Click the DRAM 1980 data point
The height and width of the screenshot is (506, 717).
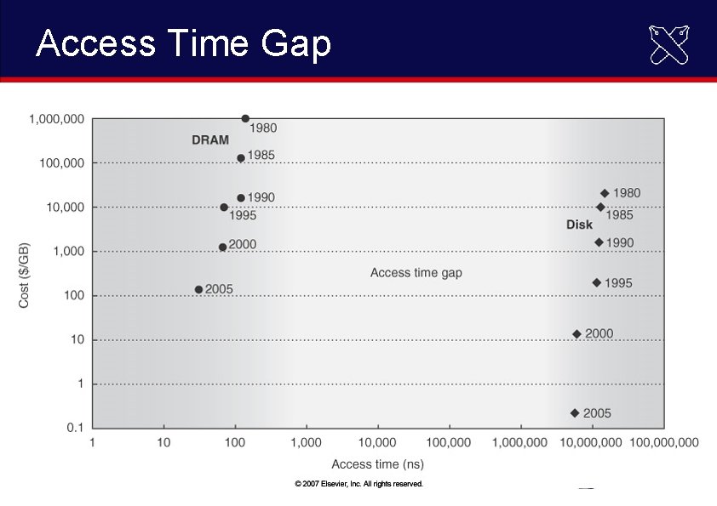click(x=245, y=119)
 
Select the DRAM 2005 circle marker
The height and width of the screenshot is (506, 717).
click(x=199, y=289)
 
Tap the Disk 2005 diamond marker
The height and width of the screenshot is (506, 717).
click(x=575, y=412)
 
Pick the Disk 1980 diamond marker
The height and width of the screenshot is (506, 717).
click(x=605, y=193)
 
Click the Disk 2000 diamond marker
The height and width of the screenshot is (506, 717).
click(x=576, y=334)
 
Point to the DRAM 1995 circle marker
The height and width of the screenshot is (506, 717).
click(x=224, y=207)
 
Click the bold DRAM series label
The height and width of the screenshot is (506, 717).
click(x=209, y=140)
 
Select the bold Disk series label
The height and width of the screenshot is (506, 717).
click(x=579, y=225)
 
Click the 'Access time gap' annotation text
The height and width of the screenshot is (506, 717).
click(x=416, y=273)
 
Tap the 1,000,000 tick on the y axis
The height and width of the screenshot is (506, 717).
click(x=56, y=119)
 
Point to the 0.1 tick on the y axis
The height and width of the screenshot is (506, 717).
click(x=74, y=428)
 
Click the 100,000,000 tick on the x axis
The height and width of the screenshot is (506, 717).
click(x=663, y=442)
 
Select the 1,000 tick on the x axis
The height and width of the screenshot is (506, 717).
click(x=306, y=442)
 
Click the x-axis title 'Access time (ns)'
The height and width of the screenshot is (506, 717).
click(x=377, y=464)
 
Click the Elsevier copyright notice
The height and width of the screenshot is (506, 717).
click(x=358, y=483)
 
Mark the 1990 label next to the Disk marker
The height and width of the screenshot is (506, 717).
click(x=619, y=242)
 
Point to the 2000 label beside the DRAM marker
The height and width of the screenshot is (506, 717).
click(x=242, y=244)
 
